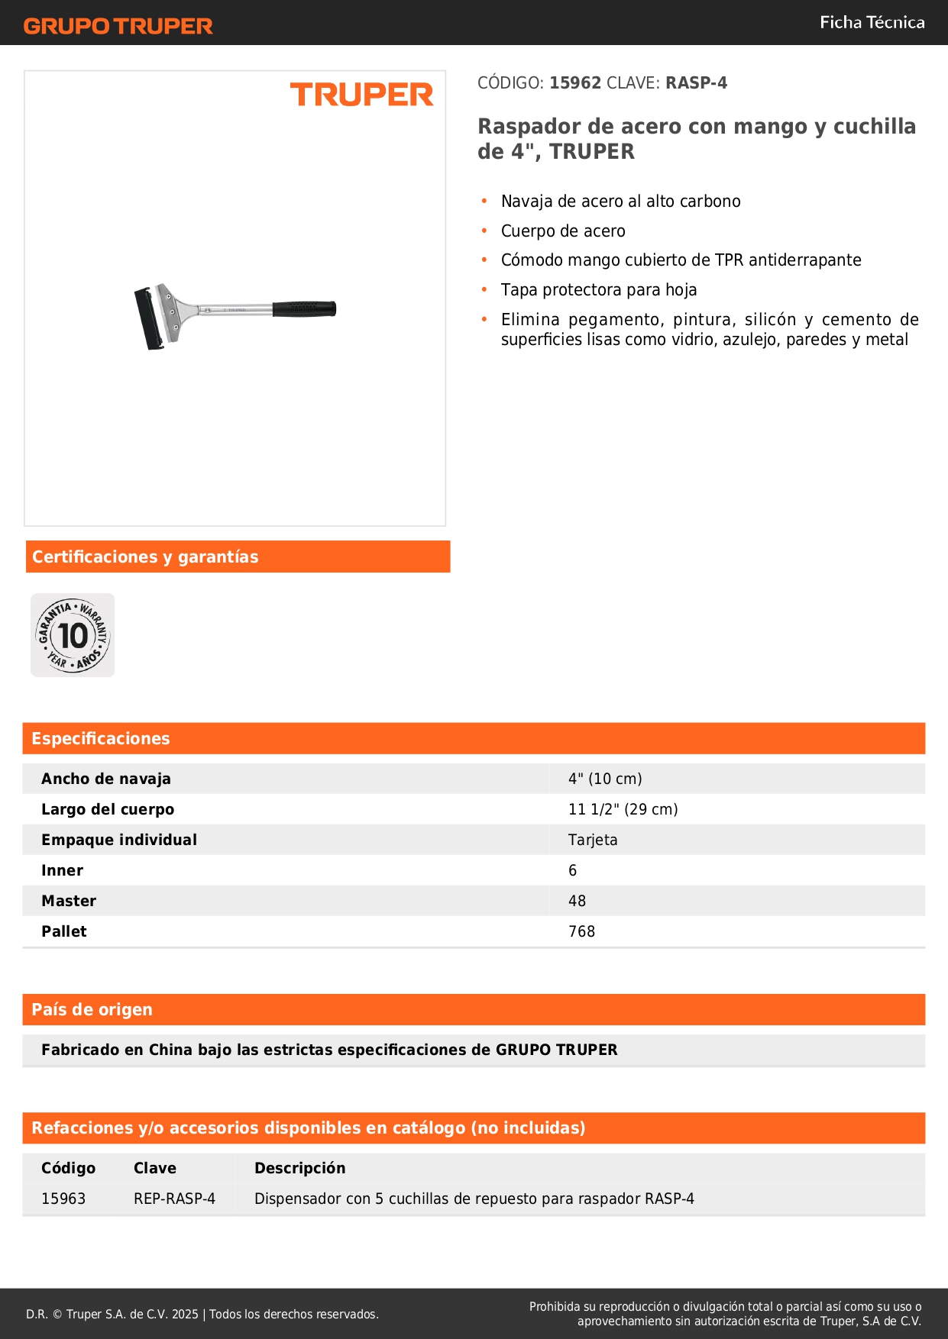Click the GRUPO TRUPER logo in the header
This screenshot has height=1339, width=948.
[118, 26]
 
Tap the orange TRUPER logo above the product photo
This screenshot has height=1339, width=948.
[361, 95]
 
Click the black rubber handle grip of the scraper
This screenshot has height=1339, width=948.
[304, 309]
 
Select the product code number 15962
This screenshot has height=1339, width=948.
[575, 83]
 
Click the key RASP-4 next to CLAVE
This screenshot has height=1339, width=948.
[696, 83]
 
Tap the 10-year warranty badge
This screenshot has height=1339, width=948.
[73, 635]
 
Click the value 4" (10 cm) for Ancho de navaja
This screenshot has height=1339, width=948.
[605, 779]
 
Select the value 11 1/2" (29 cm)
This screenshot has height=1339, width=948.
[623, 809]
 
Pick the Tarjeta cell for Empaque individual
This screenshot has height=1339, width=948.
[593, 840]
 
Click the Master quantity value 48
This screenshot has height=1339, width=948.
[577, 901]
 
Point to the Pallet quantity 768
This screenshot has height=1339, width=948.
[581, 931]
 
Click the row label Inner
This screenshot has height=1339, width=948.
[62, 870]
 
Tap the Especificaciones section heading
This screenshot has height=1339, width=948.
[100, 738]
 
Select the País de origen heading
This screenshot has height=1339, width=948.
[92, 1009]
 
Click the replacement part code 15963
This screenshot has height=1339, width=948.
[63, 1199]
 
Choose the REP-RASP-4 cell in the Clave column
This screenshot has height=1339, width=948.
[174, 1199]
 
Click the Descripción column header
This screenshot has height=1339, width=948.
[299, 1168]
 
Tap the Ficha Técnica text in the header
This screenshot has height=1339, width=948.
[872, 22]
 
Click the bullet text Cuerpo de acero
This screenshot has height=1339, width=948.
[562, 231]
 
